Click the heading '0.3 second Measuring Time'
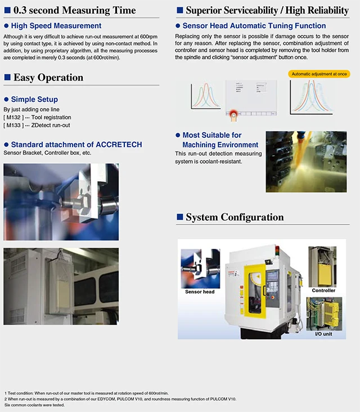point(74,10)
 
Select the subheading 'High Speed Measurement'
point(56,26)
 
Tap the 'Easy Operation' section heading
point(48,78)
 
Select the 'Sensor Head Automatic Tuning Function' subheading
point(254,26)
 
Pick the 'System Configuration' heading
point(235,217)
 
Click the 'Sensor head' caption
point(200,292)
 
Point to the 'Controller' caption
point(323,290)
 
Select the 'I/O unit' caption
point(323,334)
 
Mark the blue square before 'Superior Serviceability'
point(180,10)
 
